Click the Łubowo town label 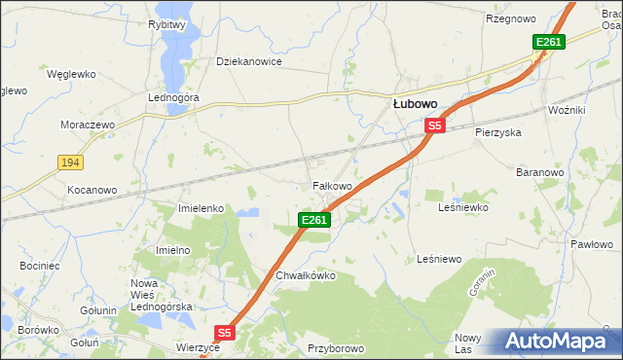(x=414, y=102)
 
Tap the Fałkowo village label (x=331, y=185)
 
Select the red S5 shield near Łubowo (x=434, y=126)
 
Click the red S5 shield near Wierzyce (x=224, y=333)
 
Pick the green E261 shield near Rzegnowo (x=548, y=42)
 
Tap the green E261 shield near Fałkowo (x=314, y=221)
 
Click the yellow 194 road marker (x=69, y=162)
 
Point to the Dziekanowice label (x=248, y=61)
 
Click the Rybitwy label (x=167, y=25)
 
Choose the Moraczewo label (x=89, y=126)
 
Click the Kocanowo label (x=92, y=190)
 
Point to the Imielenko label (x=202, y=208)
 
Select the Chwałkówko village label (x=306, y=275)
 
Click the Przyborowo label (x=335, y=347)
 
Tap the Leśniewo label (x=438, y=259)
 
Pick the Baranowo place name (x=540, y=172)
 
